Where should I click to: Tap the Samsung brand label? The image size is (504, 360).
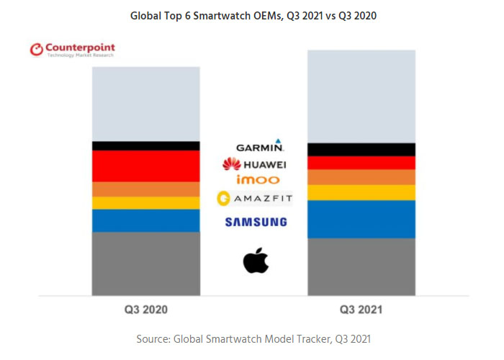coord(256,222)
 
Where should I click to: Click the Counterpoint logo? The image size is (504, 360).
coord(72,50)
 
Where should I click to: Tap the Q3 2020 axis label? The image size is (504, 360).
coord(145,310)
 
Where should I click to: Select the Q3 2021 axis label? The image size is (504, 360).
coord(361,310)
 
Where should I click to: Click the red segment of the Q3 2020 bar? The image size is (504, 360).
coord(145,166)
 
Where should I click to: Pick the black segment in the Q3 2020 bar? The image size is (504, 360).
coord(145,145)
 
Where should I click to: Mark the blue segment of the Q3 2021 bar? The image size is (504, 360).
coord(361,219)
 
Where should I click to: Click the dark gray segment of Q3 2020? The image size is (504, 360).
coord(145,264)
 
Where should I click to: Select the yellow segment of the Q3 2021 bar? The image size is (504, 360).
coord(361,192)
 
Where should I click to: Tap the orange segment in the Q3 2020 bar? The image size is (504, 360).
coord(145,189)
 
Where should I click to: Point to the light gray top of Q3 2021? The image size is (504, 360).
coord(361,96)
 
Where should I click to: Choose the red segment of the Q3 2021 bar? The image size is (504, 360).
coord(361,163)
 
